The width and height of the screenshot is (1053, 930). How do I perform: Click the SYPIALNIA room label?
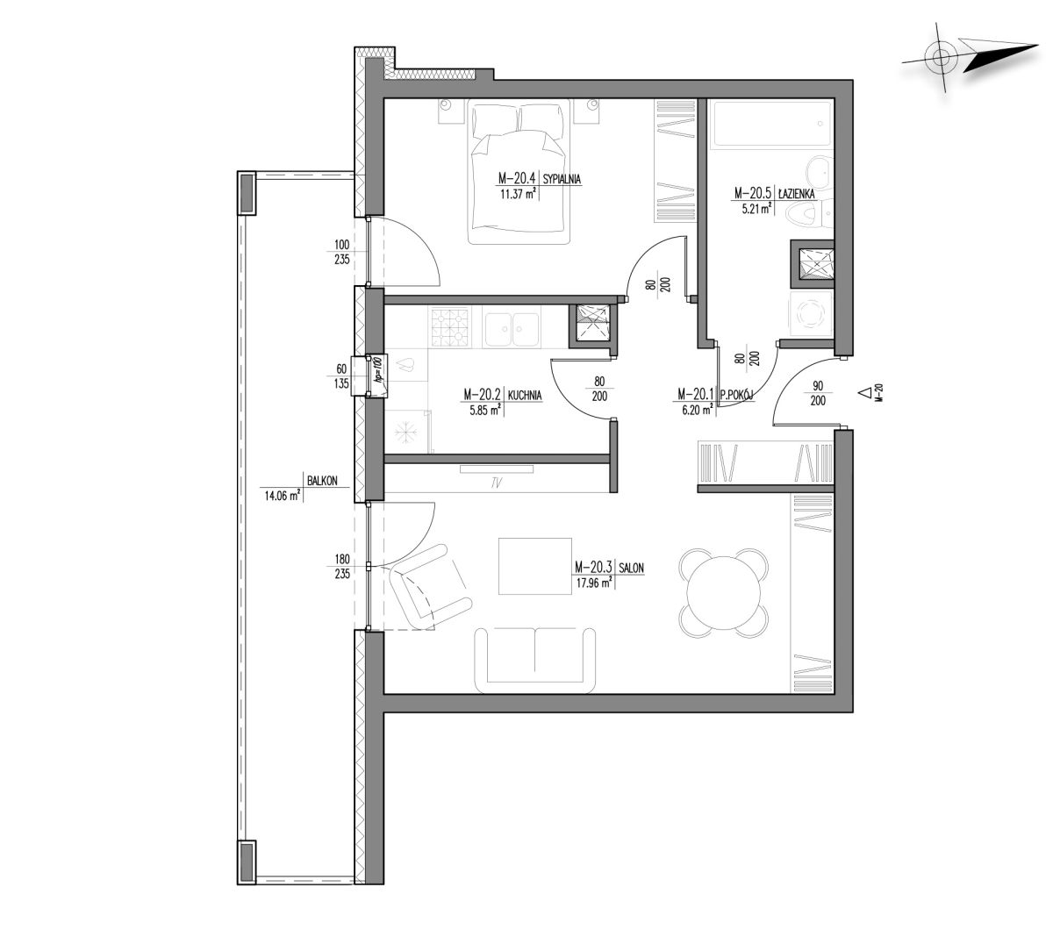pyautogui.click(x=562, y=179)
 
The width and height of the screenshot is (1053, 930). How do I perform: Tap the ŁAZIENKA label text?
pyautogui.click(x=796, y=194)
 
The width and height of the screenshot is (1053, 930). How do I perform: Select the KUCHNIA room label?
pyautogui.click(x=525, y=395)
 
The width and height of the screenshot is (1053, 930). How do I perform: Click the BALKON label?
pyautogui.click(x=322, y=481)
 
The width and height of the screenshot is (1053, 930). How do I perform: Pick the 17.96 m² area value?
pyautogui.click(x=593, y=583)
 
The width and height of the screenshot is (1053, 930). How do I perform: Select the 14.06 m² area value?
pyautogui.click(x=283, y=496)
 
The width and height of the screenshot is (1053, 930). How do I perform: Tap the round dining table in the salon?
pyautogui.click(x=723, y=592)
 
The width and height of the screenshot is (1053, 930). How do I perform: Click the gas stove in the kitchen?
pyautogui.click(x=449, y=327)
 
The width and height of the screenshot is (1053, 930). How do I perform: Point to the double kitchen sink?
pyautogui.click(x=512, y=327)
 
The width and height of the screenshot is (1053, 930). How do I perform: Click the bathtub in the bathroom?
pyautogui.click(x=772, y=124)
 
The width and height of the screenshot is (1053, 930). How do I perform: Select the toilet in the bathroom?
pyautogui.click(x=808, y=215)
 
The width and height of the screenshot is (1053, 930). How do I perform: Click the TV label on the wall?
pyautogui.click(x=497, y=483)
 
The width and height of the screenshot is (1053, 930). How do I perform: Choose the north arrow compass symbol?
pyautogui.click(x=967, y=57)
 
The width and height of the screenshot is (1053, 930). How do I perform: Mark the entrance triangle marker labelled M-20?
pyautogui.click(x=864, y=393)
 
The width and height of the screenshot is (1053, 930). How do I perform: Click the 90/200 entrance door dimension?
pyautogui.click(x=818, y=393)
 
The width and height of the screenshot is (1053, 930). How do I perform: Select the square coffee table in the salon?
pyautogui.click(x=534, y=566)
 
